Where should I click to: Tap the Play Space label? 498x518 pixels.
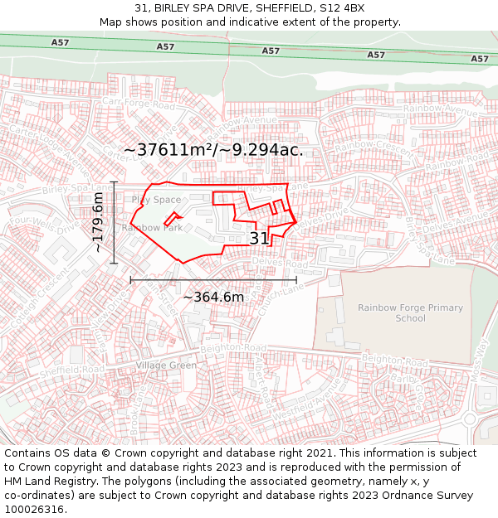pyautogui.click(x=156, y=200)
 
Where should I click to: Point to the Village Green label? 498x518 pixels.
pyautogui.click(x=166, y=366)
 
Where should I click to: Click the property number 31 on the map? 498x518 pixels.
pyautogui.click(x=259, y=239)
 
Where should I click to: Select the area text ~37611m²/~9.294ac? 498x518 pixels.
pyautogui.click(x=213, y=150)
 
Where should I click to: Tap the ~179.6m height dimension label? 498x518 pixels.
pyautogui.click(x=98, y=222)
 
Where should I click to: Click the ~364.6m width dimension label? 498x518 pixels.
pyautogui.click(x=213, y=297)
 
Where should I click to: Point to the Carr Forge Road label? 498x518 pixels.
pyautogui.click(x=139, y=106)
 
